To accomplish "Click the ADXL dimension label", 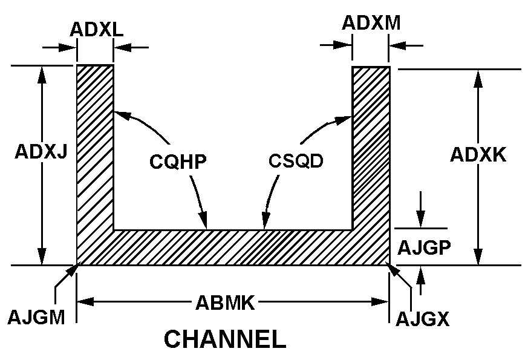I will tap(97, 29).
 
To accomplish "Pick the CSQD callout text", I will tap(296, 162).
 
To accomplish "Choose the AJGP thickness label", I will tap(424, 248).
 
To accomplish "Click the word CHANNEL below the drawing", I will tap(225, 340).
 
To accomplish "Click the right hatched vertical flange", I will tap(371, 145).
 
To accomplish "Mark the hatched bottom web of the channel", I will tap(233, 247).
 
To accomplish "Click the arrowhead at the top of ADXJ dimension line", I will tap(42, 72).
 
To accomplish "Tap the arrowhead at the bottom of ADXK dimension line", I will tap(478, 258).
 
